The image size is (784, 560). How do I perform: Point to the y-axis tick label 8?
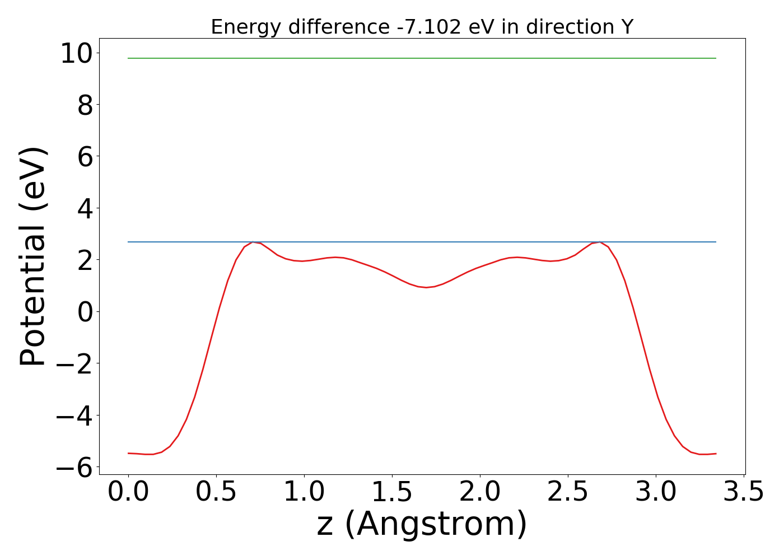tap(85, 105)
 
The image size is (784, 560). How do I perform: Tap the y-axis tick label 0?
tap(85, 312)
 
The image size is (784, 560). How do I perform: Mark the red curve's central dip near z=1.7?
tap(426, 287)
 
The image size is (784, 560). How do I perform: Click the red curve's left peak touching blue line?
tap(253, 242)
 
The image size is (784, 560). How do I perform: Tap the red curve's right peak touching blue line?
tap(600, 242)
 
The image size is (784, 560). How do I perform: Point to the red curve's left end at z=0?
tap(129, 453)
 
